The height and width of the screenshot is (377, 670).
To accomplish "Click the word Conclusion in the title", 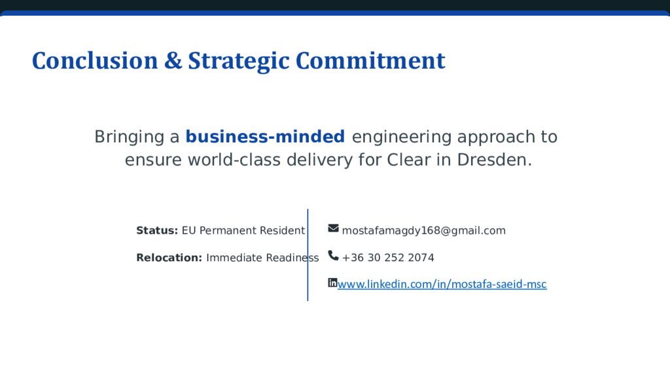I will (x=95, y=61).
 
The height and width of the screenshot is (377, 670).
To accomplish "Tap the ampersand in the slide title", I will (x=173, y=61).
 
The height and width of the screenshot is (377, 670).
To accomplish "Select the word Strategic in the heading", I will (x=239, y=61).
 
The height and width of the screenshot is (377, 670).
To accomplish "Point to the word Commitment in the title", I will (x=370, y=61).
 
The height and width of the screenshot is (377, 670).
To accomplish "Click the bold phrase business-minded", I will (x=265, y=137).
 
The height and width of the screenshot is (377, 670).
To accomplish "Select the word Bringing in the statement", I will (x=128, y=137).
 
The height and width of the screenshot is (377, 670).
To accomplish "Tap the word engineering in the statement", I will (x=402, y=137).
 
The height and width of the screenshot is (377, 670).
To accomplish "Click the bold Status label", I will (x=157, y=230).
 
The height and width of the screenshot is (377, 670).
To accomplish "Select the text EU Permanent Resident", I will (x=243, y=230).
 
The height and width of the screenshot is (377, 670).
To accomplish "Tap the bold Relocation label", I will (x=169, y=258).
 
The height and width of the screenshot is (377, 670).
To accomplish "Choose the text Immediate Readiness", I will (x=262, y=258).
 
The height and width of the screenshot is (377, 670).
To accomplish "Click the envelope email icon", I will (x=333, y=228).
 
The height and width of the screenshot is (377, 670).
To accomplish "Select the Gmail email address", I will (x=423, y=230).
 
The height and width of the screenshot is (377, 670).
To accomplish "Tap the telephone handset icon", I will (x=333, y=255).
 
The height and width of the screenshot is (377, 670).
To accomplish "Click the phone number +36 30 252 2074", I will (x=388, y=258).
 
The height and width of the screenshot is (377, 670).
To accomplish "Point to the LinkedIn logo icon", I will (x=332, y=283).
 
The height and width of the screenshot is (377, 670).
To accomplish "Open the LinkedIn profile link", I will (x=442, y=284).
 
